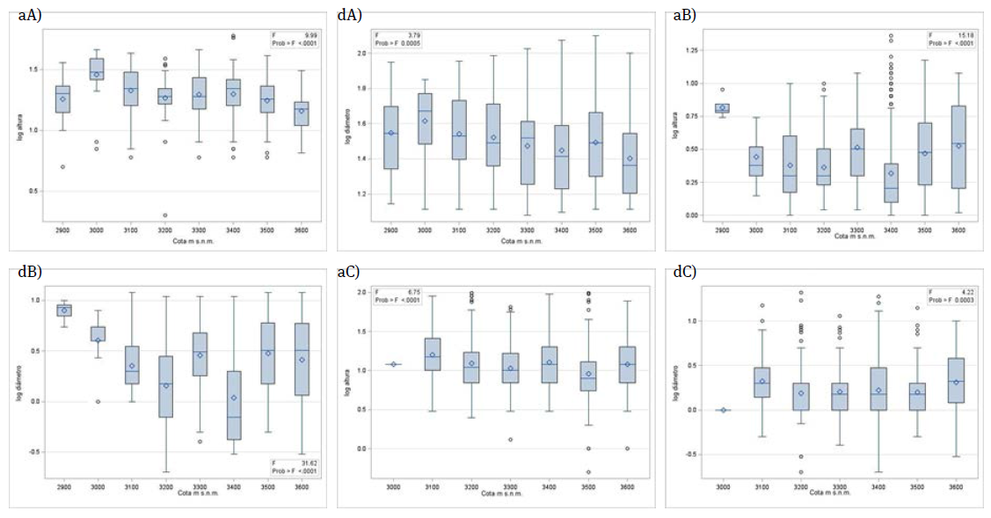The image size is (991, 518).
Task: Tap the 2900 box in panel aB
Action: point(722,108)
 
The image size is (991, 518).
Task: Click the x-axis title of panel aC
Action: point(503,493)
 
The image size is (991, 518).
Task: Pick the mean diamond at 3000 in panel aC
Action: point(393,364)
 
